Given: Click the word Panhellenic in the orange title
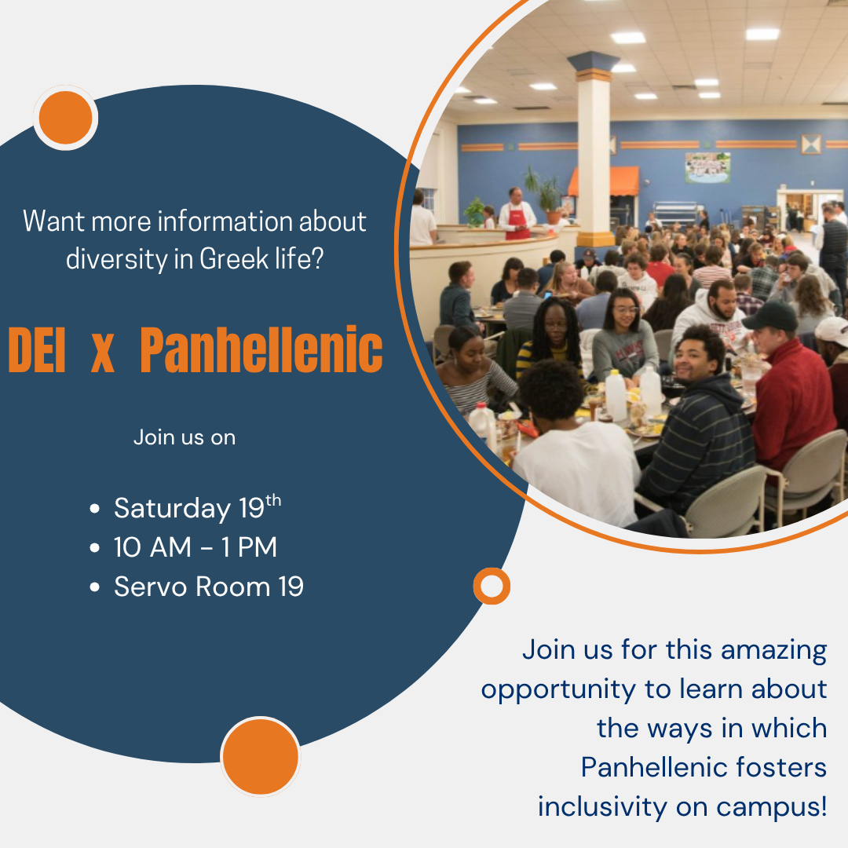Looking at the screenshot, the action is coord(261,350).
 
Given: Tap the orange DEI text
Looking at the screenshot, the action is coord(37,350).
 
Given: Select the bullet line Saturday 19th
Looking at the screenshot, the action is coord(197,507).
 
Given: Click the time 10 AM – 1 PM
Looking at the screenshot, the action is coord(196,546).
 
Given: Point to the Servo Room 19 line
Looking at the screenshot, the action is coord(209,587).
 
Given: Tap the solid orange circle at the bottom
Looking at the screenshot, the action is coord(261,756).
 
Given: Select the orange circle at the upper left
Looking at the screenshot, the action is coord(65,117).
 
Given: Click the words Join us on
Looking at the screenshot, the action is coord(185,437).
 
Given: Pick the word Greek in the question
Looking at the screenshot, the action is coord(234,258).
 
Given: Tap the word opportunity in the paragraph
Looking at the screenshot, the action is coord(559,690).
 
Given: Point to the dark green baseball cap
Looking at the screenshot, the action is coord(770,316).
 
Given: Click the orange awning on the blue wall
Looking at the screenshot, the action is coord(604,181).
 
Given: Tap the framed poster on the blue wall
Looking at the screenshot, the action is coord(708,167).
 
